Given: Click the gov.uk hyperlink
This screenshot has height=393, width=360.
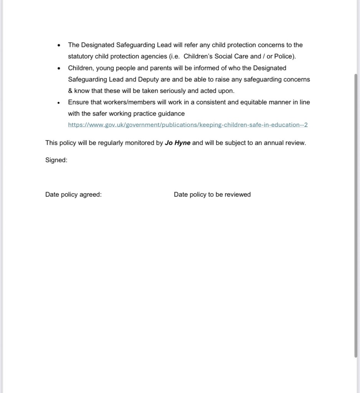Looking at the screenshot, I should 188,125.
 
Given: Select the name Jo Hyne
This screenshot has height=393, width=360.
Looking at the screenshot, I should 177,143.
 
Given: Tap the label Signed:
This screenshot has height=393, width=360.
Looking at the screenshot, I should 56,160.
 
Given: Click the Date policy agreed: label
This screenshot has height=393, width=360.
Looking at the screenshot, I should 73,194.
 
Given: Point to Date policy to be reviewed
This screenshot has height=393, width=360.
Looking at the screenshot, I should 212,194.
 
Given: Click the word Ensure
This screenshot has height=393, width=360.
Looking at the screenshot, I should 78,102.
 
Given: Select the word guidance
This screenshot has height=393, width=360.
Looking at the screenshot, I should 172,114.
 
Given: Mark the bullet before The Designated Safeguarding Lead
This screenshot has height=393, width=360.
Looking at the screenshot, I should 59,45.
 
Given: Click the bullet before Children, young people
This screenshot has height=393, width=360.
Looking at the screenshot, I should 59,68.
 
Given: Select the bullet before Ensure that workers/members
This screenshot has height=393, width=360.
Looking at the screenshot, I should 59,103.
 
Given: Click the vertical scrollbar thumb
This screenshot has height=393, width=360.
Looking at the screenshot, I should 356,215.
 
